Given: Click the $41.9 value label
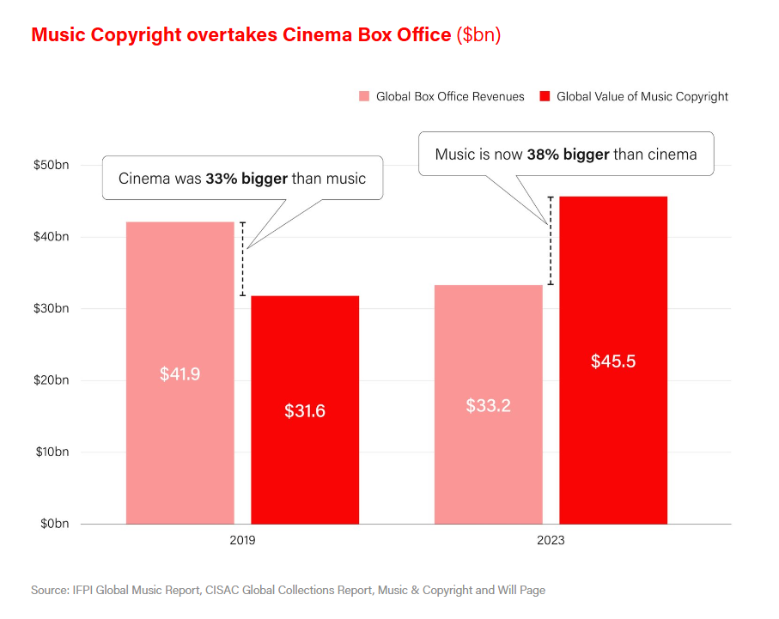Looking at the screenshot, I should [180, 374].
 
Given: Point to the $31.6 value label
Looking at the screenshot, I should [305, 411].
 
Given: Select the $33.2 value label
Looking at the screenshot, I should [488, 405].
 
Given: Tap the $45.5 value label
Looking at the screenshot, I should [613, 361].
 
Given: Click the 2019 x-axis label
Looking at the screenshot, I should [243, 542].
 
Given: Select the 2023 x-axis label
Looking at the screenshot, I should [551, 542].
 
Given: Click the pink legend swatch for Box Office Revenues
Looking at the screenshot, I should [364, 96].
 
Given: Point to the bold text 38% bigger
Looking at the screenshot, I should [568, 155].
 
